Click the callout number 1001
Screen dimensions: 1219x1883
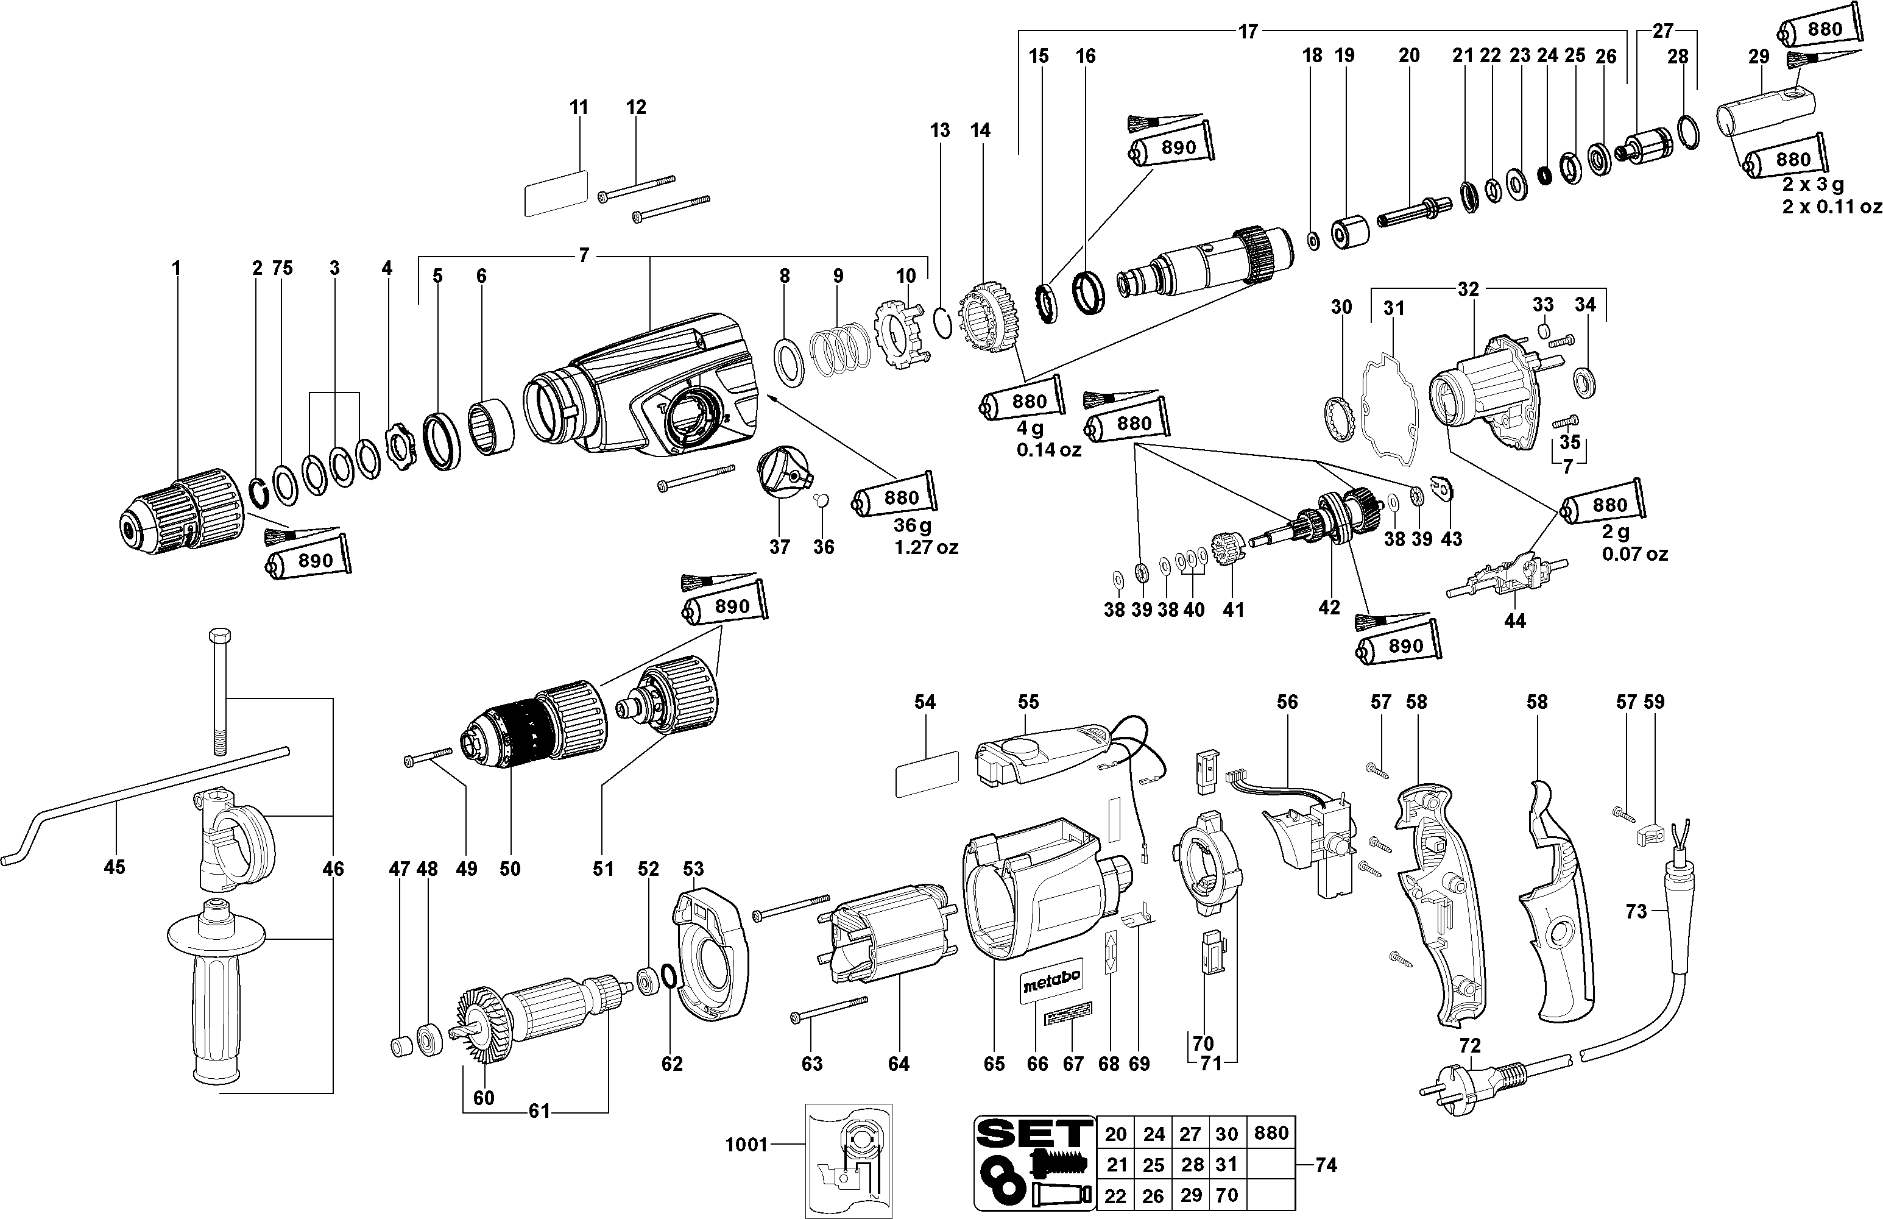(747, 1145)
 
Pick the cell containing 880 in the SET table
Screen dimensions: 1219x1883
(1271, 1132)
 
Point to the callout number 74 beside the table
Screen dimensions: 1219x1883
(1326, 1164)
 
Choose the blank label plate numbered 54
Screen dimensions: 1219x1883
(927, 773)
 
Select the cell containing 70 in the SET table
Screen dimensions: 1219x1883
(1226, 1195)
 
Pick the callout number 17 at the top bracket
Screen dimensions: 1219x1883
(1248, 32)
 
